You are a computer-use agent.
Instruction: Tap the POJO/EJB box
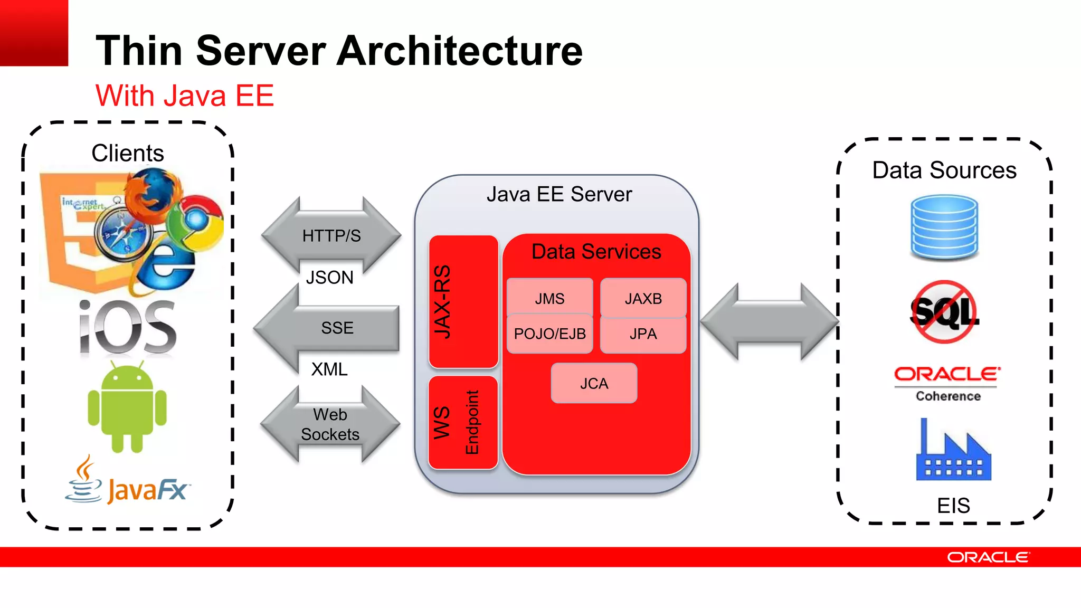(549, 334)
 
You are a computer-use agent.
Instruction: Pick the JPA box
(643, 334)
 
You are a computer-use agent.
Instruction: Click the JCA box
(594, 383)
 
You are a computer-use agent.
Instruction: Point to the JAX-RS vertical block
(463, 302)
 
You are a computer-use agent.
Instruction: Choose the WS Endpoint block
(463, 422)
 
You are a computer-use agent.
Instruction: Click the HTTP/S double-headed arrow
(331, 235)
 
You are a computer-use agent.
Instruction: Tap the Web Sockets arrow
(330, 424)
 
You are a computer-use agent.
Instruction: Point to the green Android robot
(127, 406)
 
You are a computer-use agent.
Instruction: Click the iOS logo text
(127, 327)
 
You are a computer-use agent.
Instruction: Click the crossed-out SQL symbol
(944, 312)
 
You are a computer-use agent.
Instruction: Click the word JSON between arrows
(329, 278)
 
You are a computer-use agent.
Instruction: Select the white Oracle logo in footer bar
(988, 557)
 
